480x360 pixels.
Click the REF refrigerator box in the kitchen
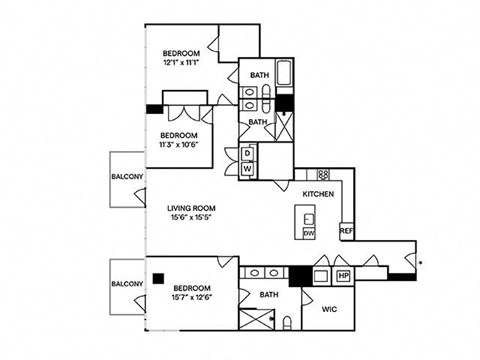click(347, 231)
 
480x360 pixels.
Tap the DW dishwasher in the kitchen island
click(309, 233)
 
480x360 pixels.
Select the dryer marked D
click(247, 154)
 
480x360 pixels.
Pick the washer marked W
click(247, 169)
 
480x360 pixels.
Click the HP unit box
click(343, 276)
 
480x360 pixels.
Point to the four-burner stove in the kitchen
click(323, 174)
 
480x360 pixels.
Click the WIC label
click(329, 309)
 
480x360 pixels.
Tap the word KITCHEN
click(318, 194)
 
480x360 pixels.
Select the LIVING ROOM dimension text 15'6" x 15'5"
click(191, 217)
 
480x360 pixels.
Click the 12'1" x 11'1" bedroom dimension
click(181, 62)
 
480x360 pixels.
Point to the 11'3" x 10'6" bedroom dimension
click(179, 145)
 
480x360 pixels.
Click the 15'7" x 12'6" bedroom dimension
click(192, 297)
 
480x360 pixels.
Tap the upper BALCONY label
click(127, 177)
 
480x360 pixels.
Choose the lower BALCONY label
click(127, 284)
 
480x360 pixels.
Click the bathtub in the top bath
click(284, 72)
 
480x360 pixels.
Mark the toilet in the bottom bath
click(287, 323)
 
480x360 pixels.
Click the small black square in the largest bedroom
click(158, 279)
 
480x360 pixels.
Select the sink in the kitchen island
click(309, 219)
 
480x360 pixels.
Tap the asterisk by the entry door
click(421, 263)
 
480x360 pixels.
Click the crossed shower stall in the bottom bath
click(257, 319)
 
